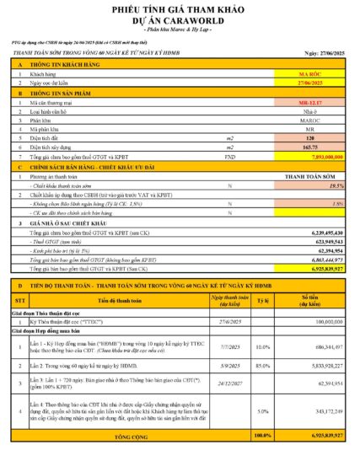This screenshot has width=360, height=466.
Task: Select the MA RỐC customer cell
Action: point(312,74)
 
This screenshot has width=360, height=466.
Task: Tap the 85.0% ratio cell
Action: point(262,366)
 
